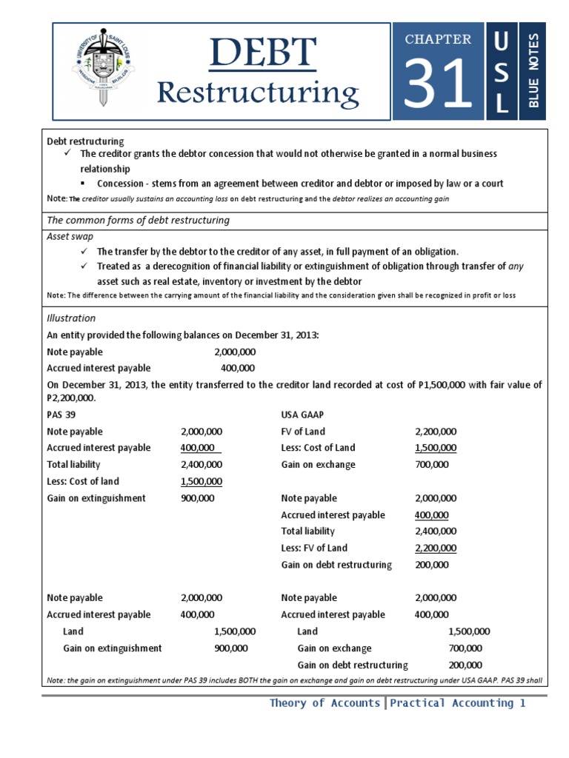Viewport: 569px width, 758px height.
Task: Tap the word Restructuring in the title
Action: (259, 93)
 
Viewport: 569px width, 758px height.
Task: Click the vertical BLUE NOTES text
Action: (533, 71)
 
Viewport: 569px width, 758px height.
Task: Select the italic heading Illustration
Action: (71, 318)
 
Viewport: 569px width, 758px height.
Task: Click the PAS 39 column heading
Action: (61, 415)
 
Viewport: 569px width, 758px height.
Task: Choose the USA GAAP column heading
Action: (302, 415)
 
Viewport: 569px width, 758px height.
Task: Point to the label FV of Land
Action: (303, 432)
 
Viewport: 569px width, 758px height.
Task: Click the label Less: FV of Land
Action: (314, 548)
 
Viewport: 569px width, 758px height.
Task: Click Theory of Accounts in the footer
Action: (325, 703)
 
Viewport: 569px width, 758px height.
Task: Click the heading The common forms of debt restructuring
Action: (138, 220)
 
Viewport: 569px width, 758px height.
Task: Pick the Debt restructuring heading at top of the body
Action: (85, 141)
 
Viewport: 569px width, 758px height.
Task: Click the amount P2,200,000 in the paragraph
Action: (71, 398)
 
